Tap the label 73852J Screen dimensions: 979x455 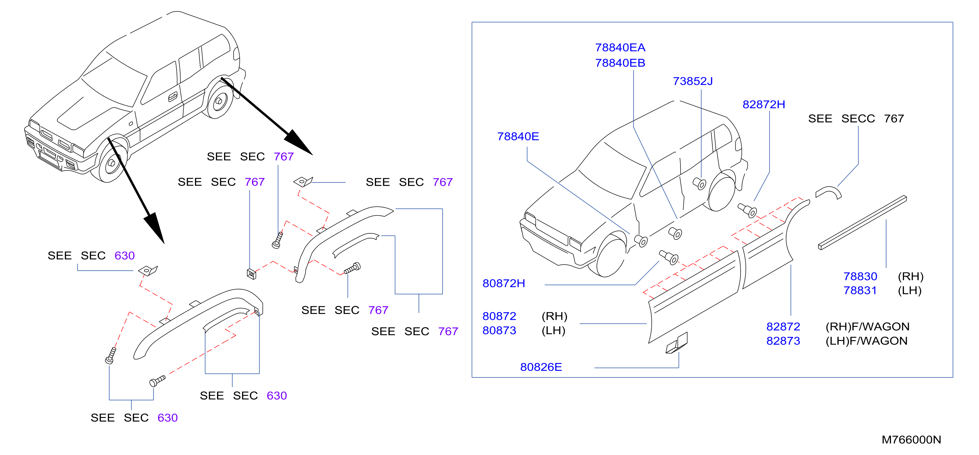(692, 81)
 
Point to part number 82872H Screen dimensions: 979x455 (764, 104)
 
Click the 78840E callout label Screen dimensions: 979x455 (518, 136)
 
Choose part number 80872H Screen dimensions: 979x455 (504, 283)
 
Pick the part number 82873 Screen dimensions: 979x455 (783, 341)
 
